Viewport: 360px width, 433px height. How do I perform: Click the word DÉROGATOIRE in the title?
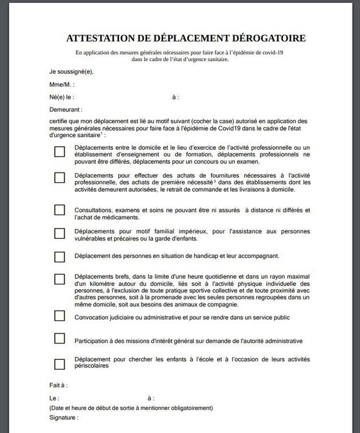point(267,38)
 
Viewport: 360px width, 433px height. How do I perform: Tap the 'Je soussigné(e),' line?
point(71,71)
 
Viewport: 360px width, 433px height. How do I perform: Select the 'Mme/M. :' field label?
point(62,85)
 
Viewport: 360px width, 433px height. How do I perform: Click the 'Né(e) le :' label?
point(62,97)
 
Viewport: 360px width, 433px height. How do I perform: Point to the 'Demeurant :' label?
point(66,109)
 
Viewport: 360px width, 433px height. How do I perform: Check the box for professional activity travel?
point(59,152)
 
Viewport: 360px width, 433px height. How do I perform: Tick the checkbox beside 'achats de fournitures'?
point(59,178)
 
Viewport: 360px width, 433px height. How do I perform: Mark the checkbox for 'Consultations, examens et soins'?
point(59,210)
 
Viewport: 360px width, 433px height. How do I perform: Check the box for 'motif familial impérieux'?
point(59,233)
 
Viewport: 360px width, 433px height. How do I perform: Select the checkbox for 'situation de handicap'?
point(59,256)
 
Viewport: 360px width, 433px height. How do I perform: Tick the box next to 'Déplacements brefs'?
point(59,279)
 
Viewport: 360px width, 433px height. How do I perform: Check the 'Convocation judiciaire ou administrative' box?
point(59,316)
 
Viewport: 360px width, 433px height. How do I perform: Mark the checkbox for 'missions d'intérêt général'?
point(59,338)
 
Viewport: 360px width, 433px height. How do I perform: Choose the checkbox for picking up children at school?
point(59,363)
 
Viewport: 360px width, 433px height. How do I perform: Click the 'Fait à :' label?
point(58,386)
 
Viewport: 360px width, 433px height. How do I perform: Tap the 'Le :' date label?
point(54,398)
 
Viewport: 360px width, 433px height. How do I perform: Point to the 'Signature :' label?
point(63,418)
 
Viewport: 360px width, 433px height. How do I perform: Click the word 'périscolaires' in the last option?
point(91,366)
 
